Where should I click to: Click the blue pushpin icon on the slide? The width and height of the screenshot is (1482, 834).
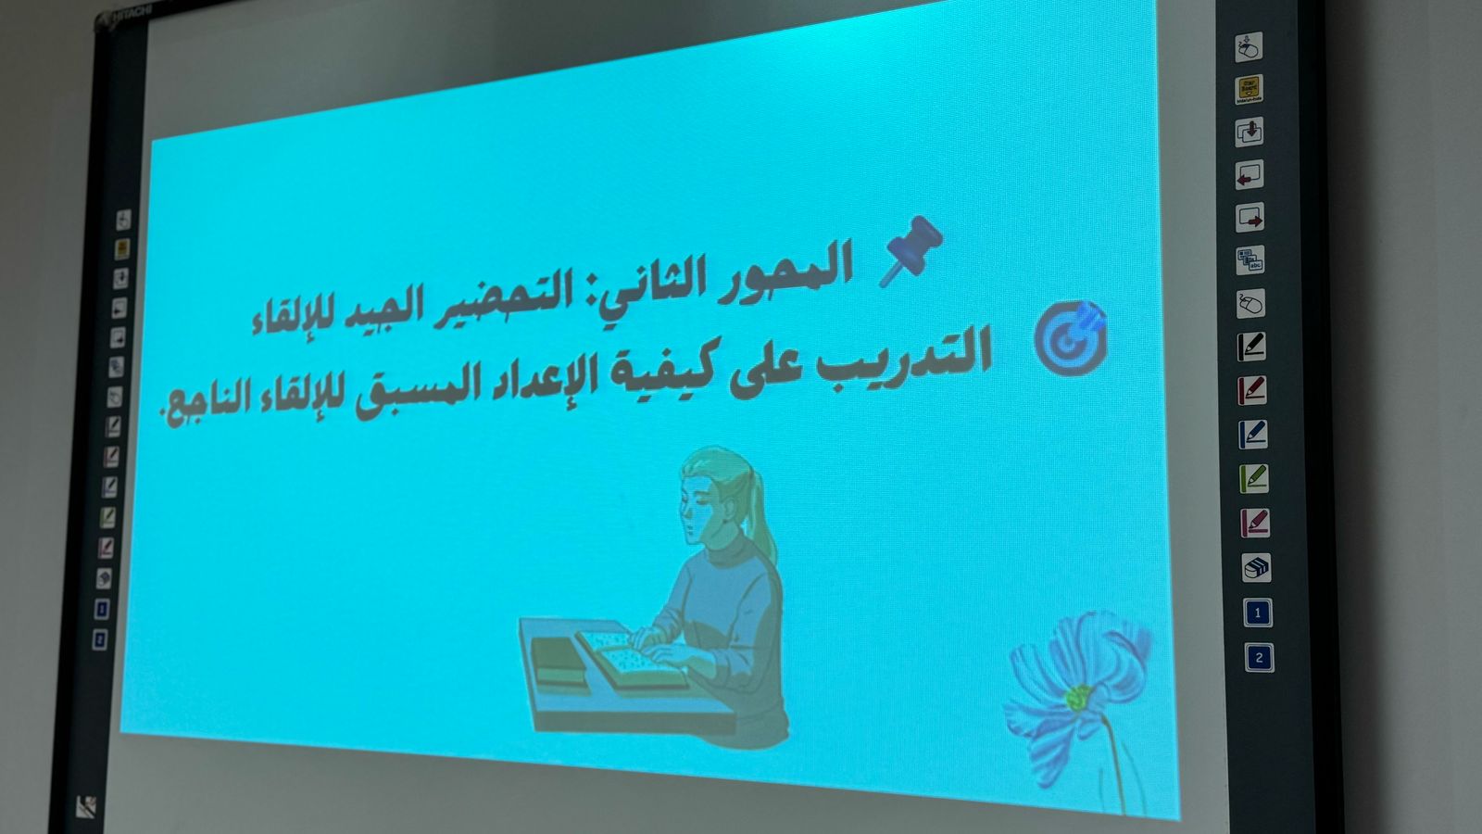(911, 251)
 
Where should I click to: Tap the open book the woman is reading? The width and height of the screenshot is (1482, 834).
(631, 658)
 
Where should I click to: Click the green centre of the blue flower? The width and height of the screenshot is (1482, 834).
(1078, 697)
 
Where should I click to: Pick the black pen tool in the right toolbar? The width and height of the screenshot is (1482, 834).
(1251, 347)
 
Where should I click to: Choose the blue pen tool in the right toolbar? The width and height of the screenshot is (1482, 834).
(1253, 435)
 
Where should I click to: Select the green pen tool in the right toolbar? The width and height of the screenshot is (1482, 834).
(1254, 478)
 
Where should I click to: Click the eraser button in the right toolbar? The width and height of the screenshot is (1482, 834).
(1256, 567)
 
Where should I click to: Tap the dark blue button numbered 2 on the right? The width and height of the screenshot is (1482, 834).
(1259, 658)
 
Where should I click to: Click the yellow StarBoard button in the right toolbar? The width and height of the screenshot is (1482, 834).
(1250, 89)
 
